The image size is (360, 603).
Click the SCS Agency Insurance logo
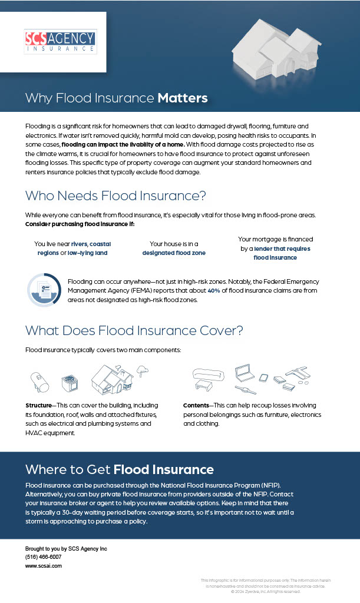point(61,42)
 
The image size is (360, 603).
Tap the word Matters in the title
point(183,98)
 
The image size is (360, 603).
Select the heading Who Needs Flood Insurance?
point(115,196)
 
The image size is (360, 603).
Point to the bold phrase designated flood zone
point(174,253)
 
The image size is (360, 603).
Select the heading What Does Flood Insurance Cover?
point(134,330)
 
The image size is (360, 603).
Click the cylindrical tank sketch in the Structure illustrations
point(41,381)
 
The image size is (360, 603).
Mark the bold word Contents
point(196,406)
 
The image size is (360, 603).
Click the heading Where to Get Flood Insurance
point(120,469)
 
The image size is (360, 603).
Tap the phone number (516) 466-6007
point(43,556)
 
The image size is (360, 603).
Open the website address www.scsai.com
point(44,565)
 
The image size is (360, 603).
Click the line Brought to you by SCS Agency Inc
point(66,548)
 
